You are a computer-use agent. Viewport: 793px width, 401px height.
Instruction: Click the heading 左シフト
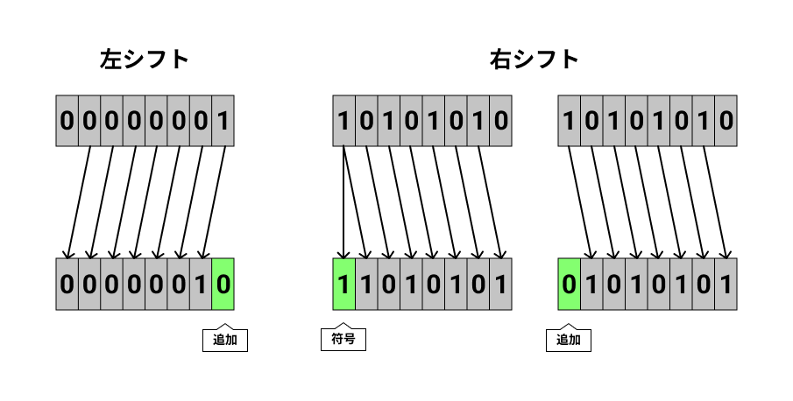tap(145, 60)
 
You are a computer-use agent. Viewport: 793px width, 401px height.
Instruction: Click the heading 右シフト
tap(534, 60)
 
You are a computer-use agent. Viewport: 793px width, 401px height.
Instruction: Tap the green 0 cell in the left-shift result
tap(223, 284)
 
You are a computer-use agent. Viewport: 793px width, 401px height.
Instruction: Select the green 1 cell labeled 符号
tap(343, 284)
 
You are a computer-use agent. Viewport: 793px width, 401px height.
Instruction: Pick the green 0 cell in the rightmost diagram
tap(569, 284)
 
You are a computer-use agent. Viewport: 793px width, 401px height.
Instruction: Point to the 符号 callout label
tap(343, 341)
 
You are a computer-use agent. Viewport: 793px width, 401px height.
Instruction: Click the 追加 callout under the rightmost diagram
tap(569, 341)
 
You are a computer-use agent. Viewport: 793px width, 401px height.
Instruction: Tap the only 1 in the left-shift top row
tap(223, 120)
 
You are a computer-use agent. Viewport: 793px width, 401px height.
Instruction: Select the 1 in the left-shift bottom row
tap(201, 284)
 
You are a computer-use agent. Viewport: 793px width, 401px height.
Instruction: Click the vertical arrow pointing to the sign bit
tap(343, 201)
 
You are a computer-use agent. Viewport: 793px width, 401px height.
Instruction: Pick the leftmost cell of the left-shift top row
tap(67, 120)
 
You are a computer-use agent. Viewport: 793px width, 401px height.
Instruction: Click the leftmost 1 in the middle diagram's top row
tap(343, 120)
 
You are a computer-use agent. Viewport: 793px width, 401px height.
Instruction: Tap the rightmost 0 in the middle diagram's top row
tap(500, 120)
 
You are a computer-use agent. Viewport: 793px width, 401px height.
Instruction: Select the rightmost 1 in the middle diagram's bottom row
tap(500, 284)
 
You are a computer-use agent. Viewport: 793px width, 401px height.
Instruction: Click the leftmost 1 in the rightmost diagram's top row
tap(569, 120)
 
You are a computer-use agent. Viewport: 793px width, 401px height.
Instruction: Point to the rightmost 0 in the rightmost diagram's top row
tap(726, 120)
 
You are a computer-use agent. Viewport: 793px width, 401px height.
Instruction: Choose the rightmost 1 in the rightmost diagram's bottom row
tap(726, 284)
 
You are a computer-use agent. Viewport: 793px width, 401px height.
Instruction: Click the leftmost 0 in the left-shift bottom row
tap(67, 284)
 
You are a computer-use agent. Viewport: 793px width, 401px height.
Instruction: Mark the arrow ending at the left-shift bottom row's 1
tap(214, 201)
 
